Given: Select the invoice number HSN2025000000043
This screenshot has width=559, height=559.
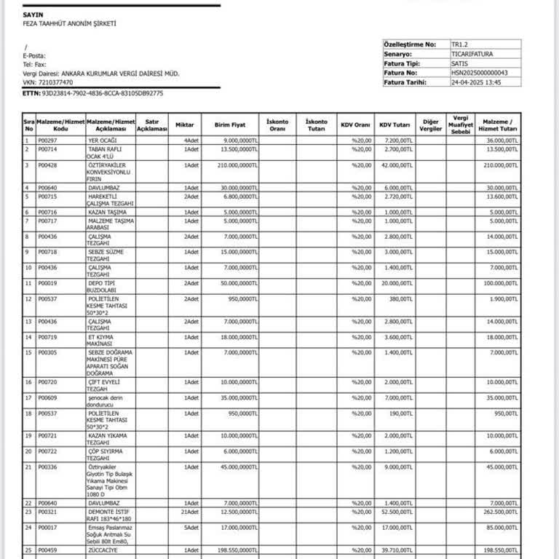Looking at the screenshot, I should (x=480, y=73).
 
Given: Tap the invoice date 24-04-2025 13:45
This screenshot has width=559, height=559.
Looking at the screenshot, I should (x=477, y=82).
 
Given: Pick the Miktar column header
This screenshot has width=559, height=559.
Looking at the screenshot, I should (x=184, y=124).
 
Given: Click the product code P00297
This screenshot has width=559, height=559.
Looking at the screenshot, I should (x=47, y=140).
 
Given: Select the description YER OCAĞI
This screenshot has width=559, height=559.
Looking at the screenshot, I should (x=103, y=140).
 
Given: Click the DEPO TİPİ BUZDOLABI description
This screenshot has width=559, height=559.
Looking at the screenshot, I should (x=102, y=285).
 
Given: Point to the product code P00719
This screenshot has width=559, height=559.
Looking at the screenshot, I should (x=47, y=337).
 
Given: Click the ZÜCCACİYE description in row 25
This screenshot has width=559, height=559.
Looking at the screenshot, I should (x=104, y=550).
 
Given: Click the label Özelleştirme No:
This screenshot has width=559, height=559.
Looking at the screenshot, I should (x=410, y=44).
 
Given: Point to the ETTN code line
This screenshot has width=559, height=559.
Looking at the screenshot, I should (x=93, y=93).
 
